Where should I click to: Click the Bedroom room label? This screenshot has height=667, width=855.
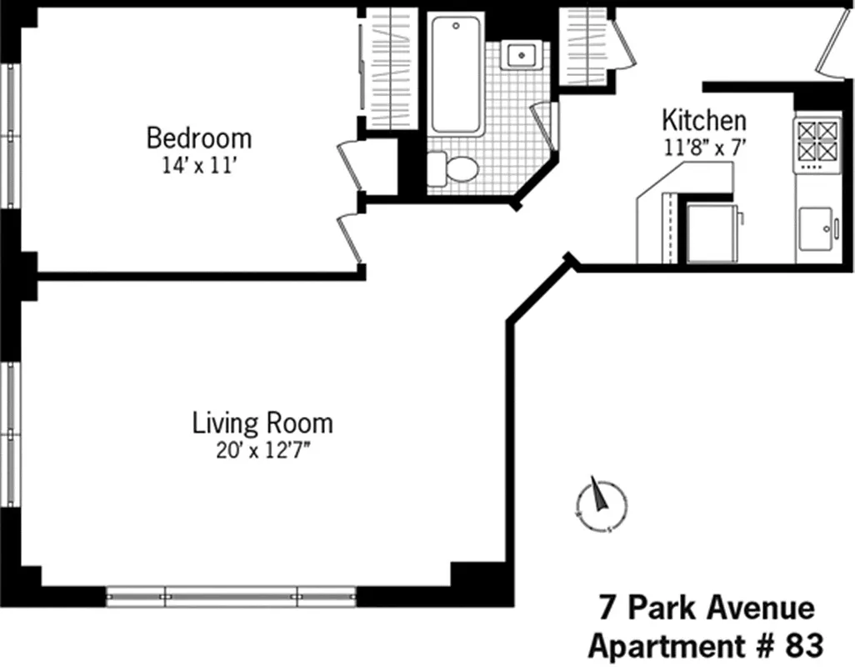tap(198, 137)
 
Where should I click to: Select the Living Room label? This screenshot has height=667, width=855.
tap(262, 423)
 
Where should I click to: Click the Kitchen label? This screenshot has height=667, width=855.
tap(703, 120)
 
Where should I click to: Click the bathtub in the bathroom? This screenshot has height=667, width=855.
tap(455, 75)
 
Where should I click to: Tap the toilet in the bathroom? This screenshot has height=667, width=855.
tap(454, 169)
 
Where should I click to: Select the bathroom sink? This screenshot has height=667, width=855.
tap(522, 55)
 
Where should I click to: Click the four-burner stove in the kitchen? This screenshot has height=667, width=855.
tap(816, 140)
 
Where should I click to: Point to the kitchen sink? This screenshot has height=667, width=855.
tap(817, 229)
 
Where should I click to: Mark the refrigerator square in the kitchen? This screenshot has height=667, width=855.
tap(710, 233)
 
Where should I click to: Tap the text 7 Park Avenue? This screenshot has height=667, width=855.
tap(706, 608)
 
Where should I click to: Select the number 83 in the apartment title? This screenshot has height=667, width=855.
tap(803, 645)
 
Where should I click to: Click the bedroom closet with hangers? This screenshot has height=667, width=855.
tap(391, 67)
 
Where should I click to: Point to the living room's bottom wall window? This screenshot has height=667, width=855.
tap(231, 596)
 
